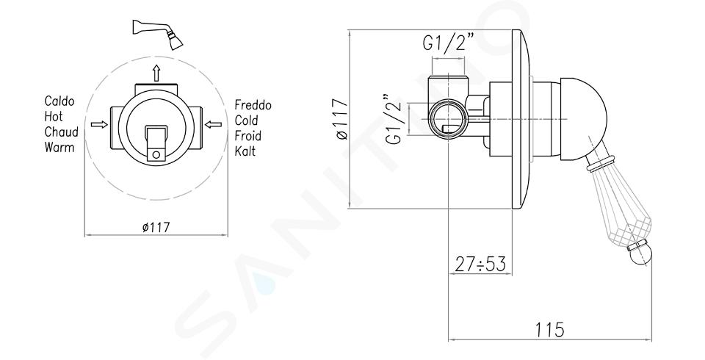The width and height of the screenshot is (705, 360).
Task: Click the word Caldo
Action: coord(59,101)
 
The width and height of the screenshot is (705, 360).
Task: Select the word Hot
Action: coord(54,117)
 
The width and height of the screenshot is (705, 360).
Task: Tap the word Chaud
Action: coord(61,132)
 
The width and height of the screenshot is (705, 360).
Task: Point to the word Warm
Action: coord(59,147)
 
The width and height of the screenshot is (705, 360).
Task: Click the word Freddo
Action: coord(253,105)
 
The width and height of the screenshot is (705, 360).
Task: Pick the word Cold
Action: coord(247,120)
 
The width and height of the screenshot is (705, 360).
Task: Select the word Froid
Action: coord(248,136)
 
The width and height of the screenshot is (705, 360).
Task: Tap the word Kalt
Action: coord(245,151)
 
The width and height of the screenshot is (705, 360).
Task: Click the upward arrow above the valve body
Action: coord(156,73)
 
